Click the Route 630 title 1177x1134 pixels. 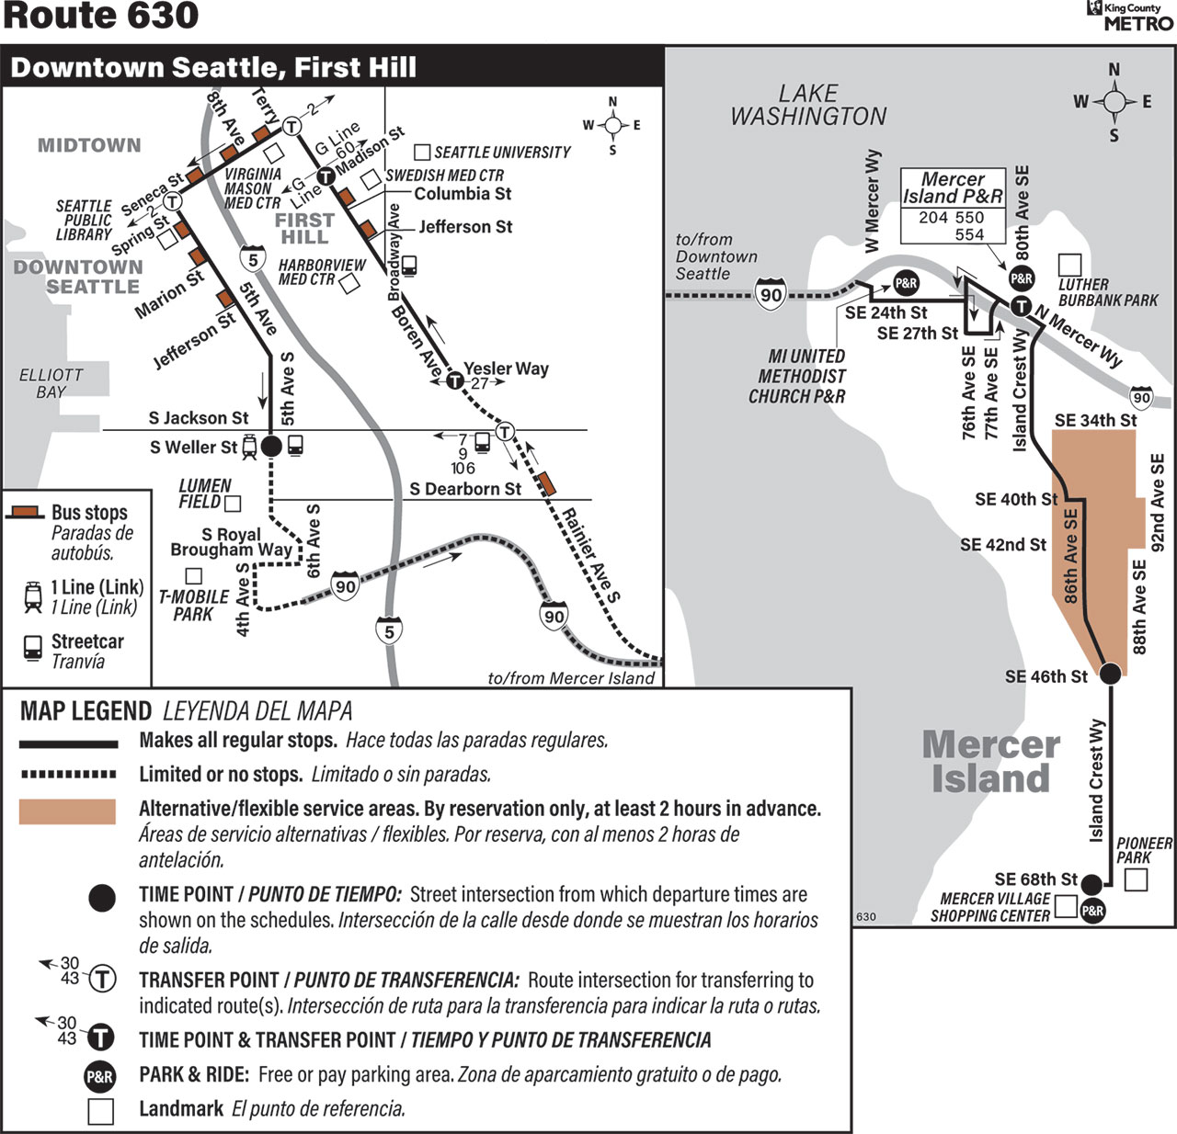tap(101, 16)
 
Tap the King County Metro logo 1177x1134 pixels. tap(1130, 16)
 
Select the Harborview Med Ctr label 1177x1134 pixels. tap(322, 272)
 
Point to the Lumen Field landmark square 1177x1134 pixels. tap(233, 503)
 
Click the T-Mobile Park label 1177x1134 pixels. tap(193, 605)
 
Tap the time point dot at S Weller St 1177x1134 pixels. tap(271, 446)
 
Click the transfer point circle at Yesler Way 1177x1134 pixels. tap(455, 380)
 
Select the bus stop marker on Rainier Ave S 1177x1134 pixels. tap(547, 483)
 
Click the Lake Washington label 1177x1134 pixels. tap(808, 105)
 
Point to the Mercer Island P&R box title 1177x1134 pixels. tap(953, 187)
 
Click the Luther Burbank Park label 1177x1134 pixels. tap(1107, 292)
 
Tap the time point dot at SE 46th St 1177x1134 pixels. tap(1110, 673)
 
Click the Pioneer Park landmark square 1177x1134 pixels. tap(1136, 879)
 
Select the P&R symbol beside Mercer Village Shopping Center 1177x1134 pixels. tap(1093, 911)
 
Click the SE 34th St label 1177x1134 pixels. tap(1095, 420)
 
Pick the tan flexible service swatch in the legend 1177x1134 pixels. tap(67, 811)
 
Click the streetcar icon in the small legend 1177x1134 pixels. tap(33, 648)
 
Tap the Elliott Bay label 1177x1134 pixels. tap(51, 383)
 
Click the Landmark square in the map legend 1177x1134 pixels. tap(100, 1111)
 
